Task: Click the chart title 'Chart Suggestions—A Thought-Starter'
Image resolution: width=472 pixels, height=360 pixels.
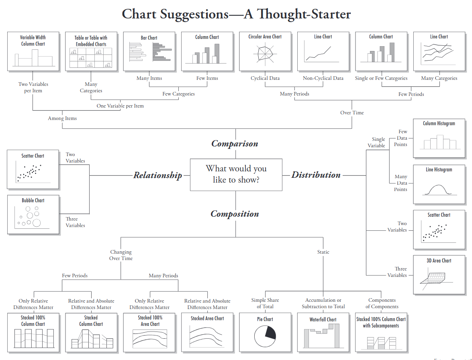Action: point(236,14)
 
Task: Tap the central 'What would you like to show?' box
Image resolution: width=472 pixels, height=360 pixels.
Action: point(236,174)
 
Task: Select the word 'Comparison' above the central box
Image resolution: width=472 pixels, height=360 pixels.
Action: point(235,144)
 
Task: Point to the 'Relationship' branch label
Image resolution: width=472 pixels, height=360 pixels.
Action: point(157,175)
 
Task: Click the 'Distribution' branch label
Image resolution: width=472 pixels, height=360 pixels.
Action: point(316,175)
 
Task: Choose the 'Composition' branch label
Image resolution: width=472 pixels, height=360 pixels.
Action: point(235,214)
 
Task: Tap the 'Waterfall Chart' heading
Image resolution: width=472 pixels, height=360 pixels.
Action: point(323,319)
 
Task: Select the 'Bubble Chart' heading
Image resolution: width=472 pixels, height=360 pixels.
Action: point(33,200)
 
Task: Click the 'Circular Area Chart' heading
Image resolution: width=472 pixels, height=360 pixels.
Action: point(265,37)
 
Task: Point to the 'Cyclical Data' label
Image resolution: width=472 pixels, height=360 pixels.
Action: point(265,78)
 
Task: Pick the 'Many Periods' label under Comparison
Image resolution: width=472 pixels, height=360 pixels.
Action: point(294,94)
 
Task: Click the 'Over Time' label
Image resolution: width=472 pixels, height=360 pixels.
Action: point(352,113)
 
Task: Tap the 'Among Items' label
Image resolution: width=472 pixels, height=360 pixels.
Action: point(62,118)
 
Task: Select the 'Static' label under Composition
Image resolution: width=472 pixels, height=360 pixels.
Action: point(323,252)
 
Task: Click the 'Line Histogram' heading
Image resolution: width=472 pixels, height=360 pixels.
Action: point(439,170)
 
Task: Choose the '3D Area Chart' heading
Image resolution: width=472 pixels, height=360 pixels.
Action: point(439,260)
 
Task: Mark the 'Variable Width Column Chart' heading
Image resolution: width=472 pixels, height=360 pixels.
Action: point(33,41)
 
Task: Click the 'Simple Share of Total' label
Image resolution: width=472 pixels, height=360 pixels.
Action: point(265,303)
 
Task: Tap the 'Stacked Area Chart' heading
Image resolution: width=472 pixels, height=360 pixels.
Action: point(207,318)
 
